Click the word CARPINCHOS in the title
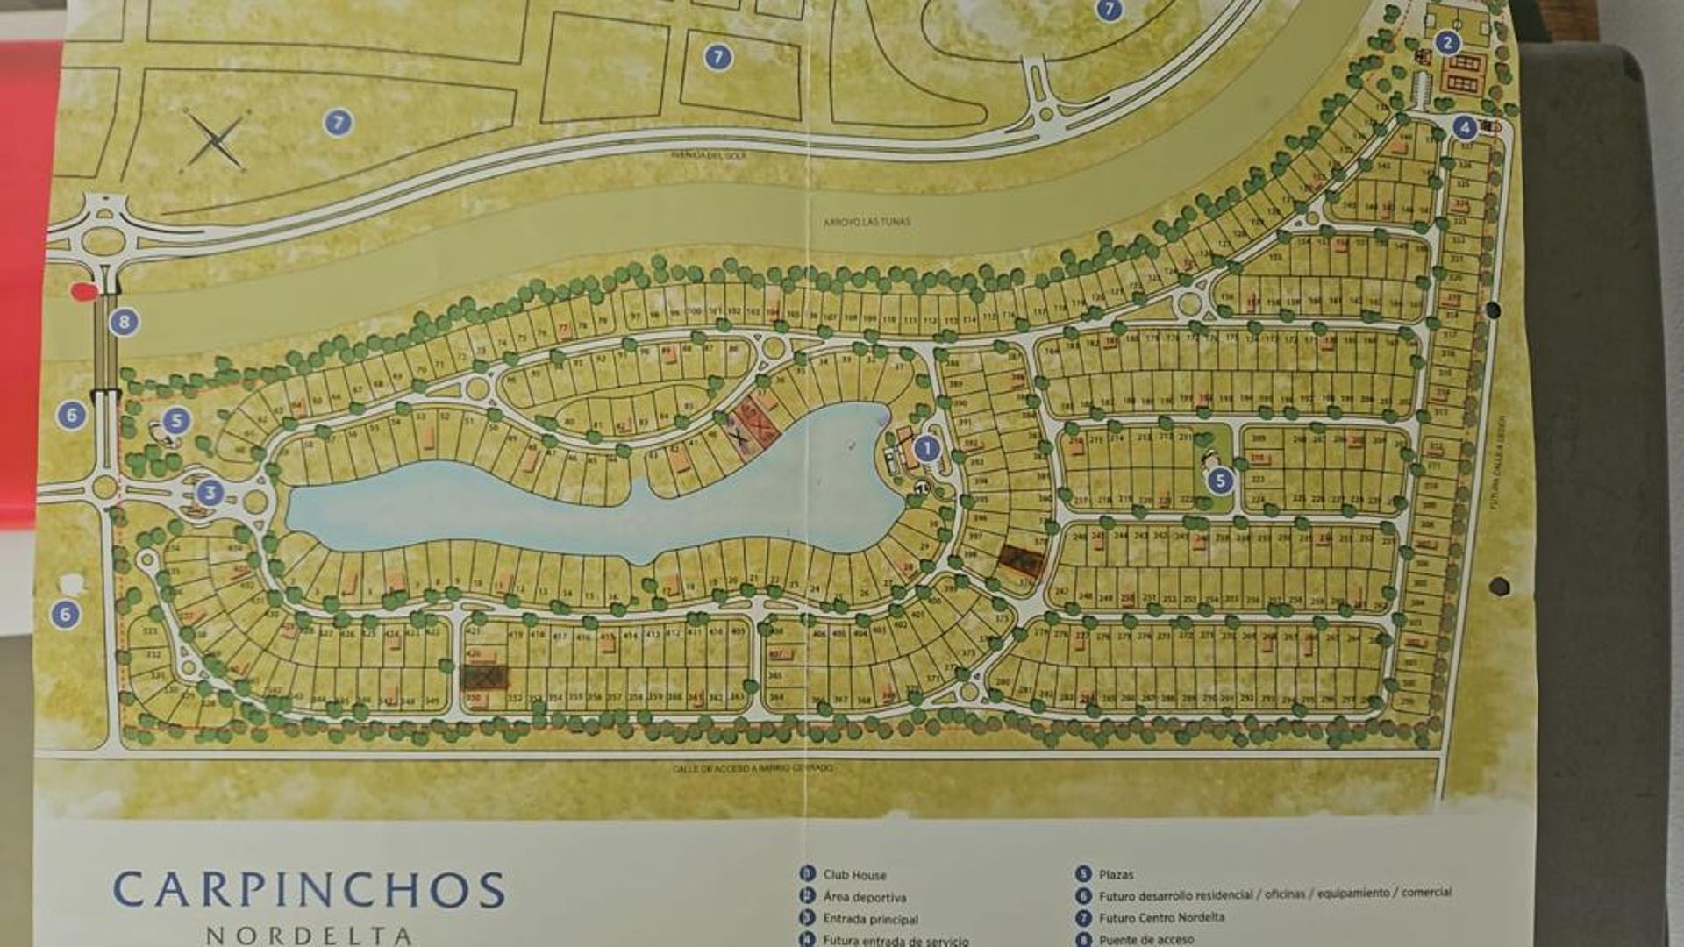click(309, 890)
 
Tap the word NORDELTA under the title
click(309, 936)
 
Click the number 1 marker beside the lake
click(926, 449)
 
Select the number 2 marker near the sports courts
click(1446, 42)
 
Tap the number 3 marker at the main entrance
click(209, 493)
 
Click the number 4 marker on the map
click(1464, 127)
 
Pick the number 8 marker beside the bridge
click(124, 322)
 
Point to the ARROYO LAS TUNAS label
click(867, 222)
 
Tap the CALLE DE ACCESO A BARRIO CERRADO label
click(753, 768)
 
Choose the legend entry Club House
click(853, 875)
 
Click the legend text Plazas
click(1115, 874)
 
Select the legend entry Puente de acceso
click(1145, 940)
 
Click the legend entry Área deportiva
click(864, 897)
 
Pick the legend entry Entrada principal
click(870, 919)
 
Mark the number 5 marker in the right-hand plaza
click(1219, 481)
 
